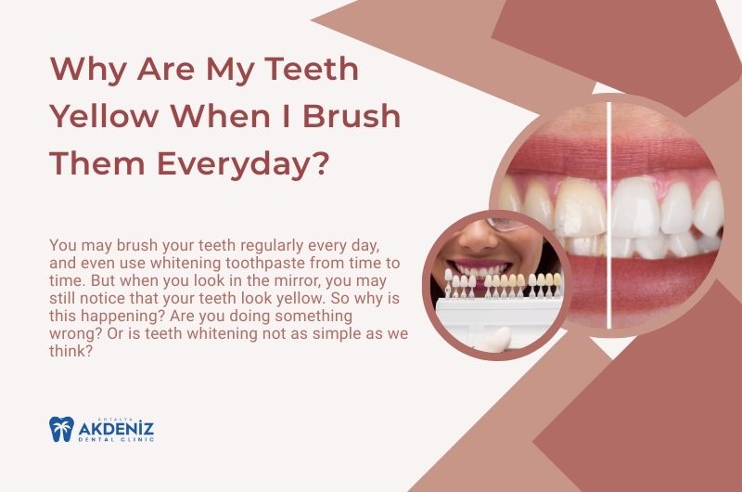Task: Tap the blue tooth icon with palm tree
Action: pos(61,429)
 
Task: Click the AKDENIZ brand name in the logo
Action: pos(115,429)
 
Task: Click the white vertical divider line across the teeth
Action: pos(608,214)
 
